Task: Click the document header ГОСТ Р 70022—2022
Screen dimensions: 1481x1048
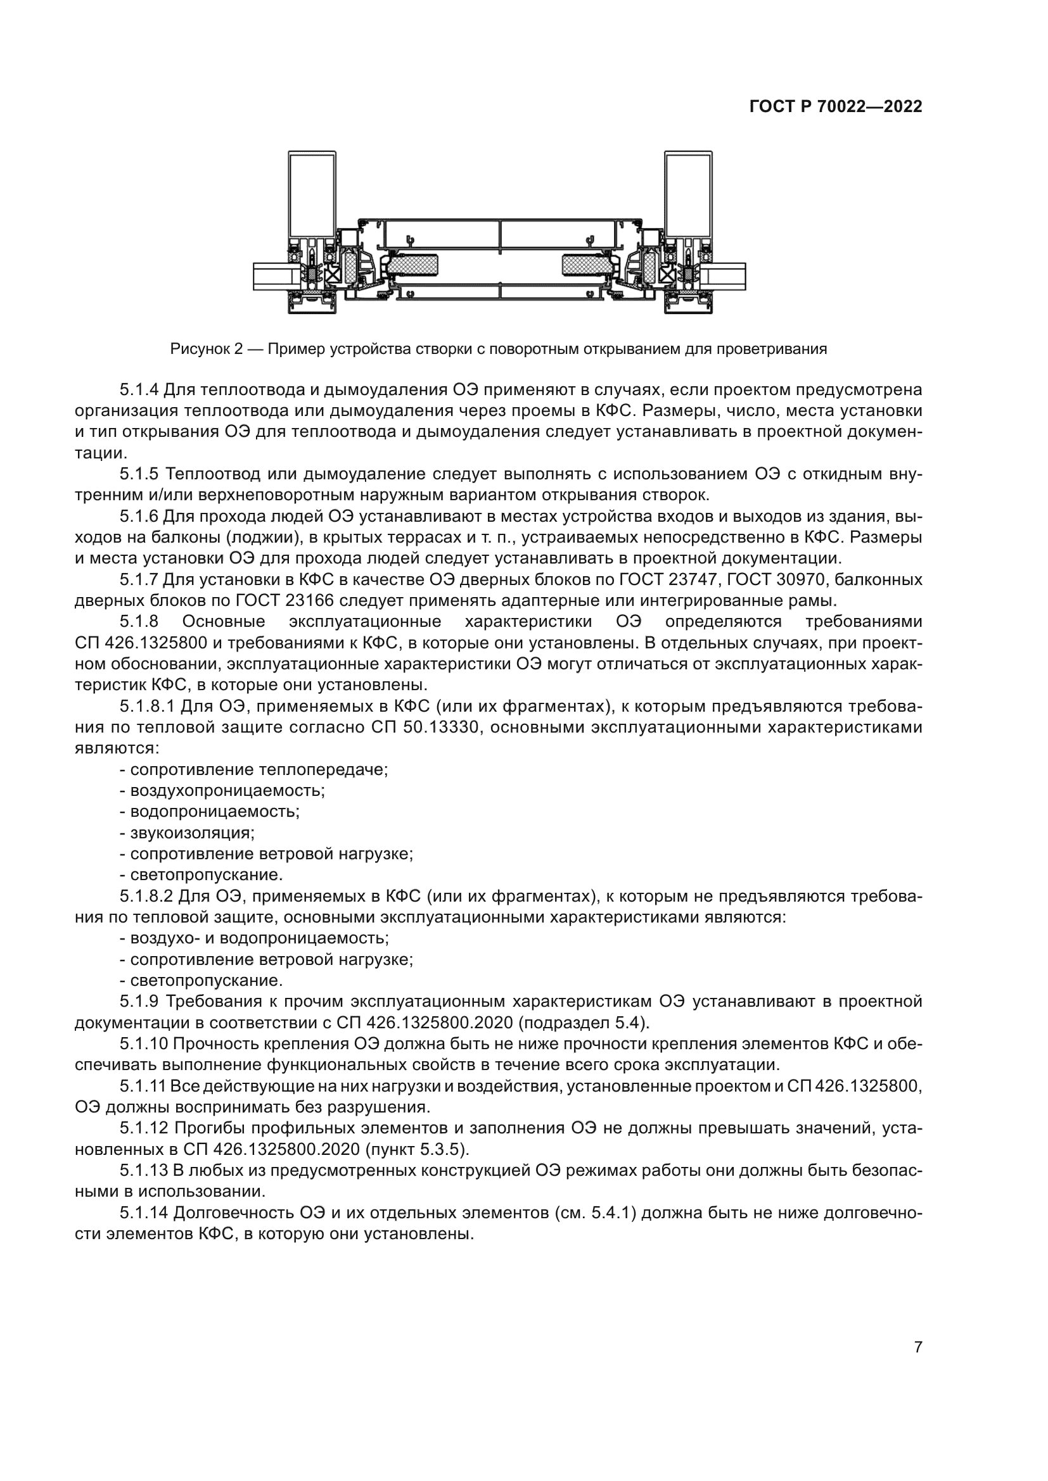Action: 835,107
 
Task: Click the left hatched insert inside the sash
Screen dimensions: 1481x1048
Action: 412,265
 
